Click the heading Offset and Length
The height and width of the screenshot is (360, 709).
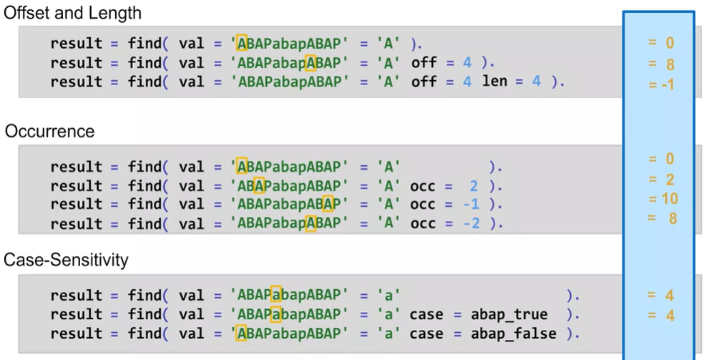[73, 13]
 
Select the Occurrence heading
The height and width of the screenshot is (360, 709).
[50, 132]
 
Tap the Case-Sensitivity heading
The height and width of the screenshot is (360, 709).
[67, 260]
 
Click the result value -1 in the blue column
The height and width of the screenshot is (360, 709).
[662, 85]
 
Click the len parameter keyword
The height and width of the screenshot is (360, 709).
[494, 81]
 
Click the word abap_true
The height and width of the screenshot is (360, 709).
[509, 314]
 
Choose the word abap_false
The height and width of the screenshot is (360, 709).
[513, 334]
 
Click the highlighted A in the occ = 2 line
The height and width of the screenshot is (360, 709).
[260, 186]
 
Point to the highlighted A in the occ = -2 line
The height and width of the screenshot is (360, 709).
[311, 223]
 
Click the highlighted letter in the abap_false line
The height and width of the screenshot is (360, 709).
[242, 334]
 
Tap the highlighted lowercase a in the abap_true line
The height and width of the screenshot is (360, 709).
[277, 314]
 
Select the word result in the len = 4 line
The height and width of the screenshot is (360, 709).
[77, 81]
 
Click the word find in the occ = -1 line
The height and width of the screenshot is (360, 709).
[145, 205]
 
